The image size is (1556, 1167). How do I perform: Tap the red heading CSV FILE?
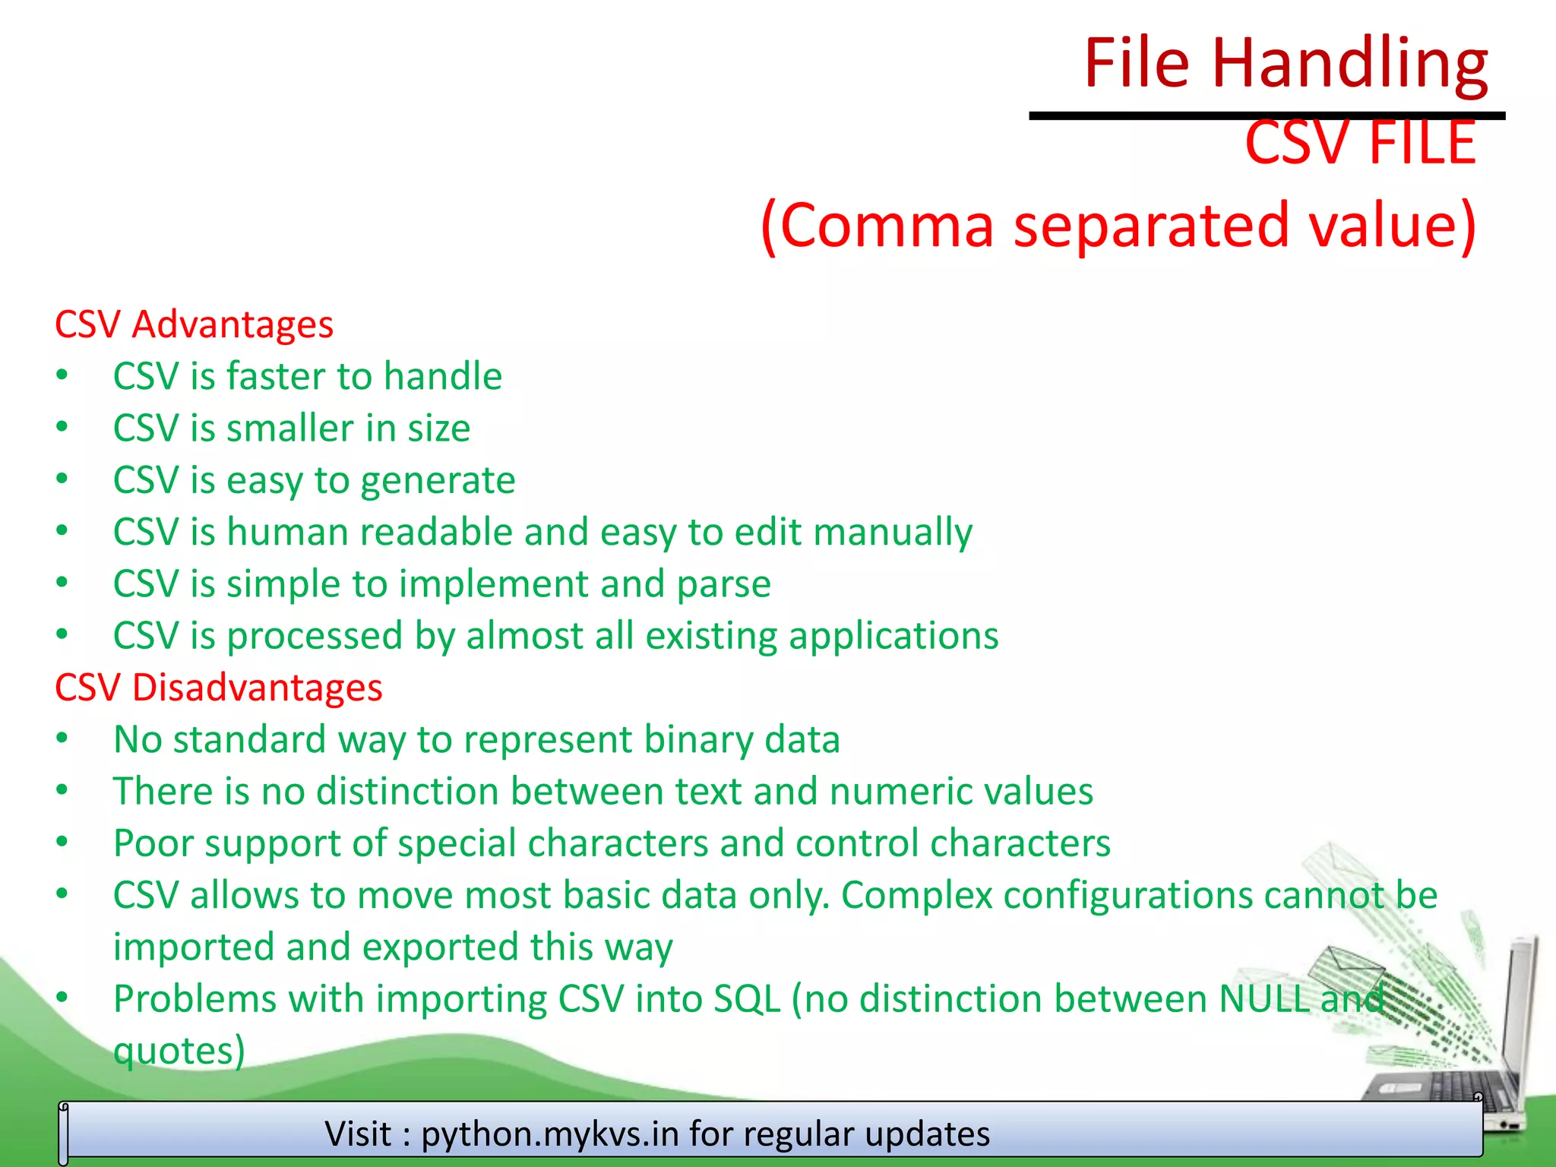coord(1360,143)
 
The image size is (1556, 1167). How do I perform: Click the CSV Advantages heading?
coord(194,324)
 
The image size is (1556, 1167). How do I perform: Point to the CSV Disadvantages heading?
coord(218,688)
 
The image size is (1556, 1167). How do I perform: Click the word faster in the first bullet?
coord(276,376)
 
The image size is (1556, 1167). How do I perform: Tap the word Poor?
coord(151,843)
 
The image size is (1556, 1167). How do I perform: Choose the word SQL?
coord(747,999)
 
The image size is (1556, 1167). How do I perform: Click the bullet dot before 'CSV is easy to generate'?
coord(62,479)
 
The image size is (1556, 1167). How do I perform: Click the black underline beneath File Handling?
coord(1267,115)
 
